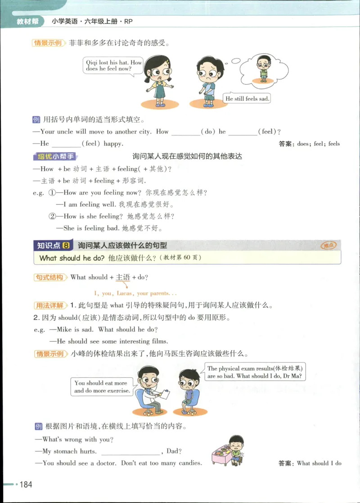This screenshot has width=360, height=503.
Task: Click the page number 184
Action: point(26,484)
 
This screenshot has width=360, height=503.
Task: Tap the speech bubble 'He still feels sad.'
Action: point(247,98)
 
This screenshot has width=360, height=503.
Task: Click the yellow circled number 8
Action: point(66,245)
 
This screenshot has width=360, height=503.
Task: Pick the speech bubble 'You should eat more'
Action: point(102,387)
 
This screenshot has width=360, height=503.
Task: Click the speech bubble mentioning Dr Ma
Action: point(255,372)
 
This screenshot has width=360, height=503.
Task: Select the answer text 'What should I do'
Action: point(319,463)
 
